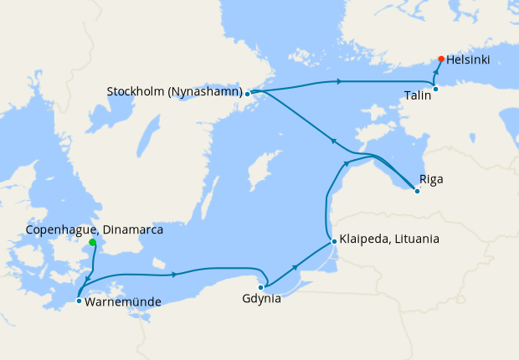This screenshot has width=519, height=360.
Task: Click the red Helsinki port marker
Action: (x=441, y=59)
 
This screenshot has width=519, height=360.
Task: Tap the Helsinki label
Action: (x=469, y=60)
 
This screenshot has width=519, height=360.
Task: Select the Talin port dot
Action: (x=435, y=89)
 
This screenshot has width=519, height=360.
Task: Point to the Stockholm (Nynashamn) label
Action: (x=175, y=91)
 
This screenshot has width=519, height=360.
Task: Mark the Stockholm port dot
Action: (x=248, y=94)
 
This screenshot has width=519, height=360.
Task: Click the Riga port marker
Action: (x=417, y=191)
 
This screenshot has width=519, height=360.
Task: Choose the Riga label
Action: (x=431, y=179)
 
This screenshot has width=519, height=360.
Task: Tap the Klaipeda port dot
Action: (x=334, y=241)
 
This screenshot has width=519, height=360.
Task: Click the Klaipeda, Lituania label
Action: (x=388, y=239)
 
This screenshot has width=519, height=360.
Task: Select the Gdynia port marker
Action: (x=261, y=287)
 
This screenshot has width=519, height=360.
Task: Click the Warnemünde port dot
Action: (x=79, y=301)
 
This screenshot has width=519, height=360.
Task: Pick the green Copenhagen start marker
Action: (x=92, y=243)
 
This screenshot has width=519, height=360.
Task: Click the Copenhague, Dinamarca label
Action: (x=94, y=229)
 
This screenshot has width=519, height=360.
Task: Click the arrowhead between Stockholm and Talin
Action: (x=338, y=81)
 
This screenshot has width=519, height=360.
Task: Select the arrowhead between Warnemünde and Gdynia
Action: (x=173, y=274)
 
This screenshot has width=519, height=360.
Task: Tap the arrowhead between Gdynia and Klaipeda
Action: (x=296, y=265)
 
